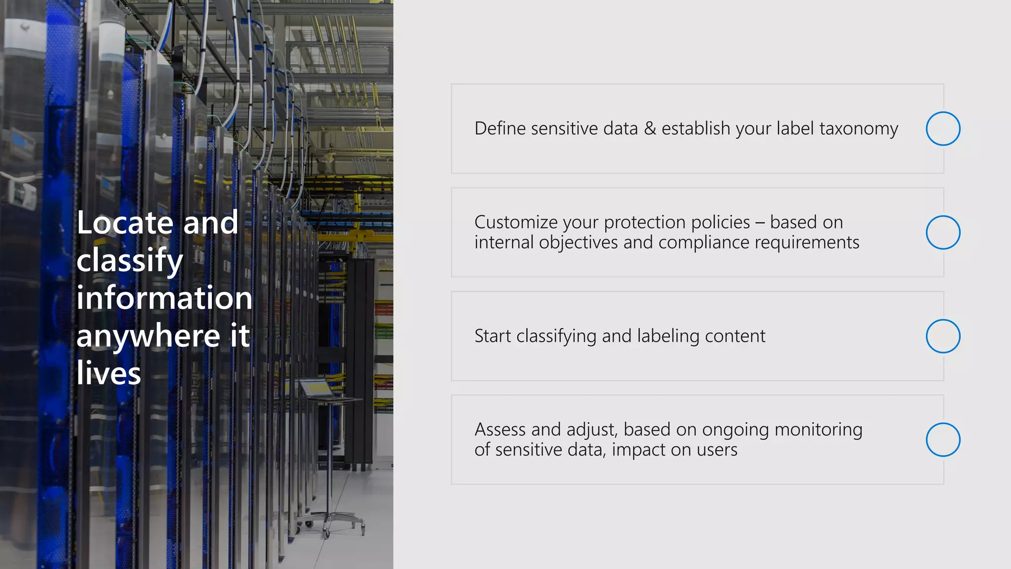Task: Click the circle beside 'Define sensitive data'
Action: tap(943, 128)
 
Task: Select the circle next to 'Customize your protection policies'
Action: tap(943, 232)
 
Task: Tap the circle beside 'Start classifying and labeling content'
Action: tap(943, 336)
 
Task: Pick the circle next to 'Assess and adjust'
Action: tap(943, 440)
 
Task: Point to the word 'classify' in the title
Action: tap(130, 260)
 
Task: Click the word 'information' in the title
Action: tap(164, 298)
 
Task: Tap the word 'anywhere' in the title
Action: tap(148, 336)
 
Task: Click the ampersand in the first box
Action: tap(650, 128)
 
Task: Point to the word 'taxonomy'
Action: tap(858, 129)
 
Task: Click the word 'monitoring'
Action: tap(818, 430)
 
